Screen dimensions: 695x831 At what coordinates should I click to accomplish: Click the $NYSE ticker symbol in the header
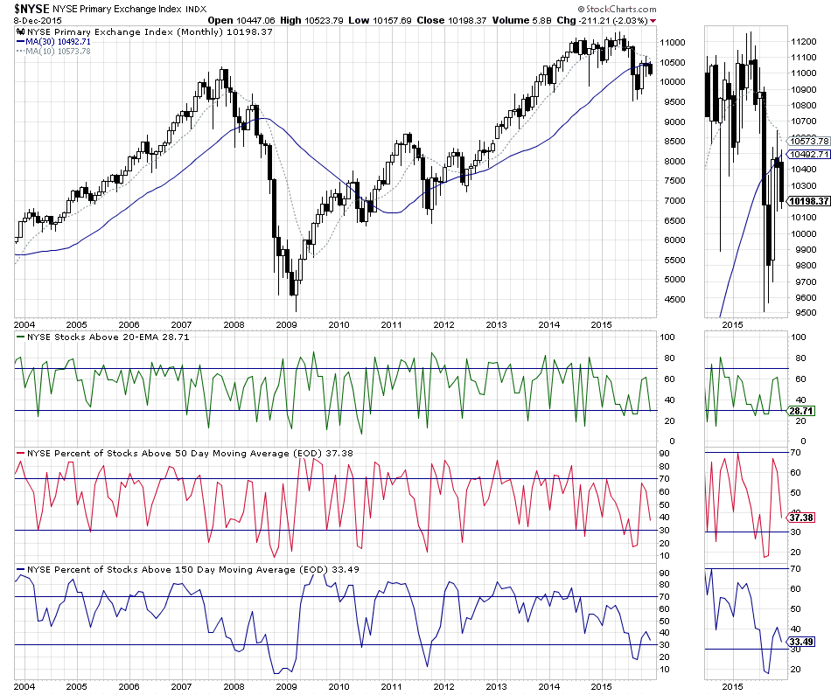[x=32, y=7]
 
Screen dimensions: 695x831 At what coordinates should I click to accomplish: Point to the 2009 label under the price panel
[x=286, y=323]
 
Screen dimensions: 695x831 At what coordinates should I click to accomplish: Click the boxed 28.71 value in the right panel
[x=801, y=410]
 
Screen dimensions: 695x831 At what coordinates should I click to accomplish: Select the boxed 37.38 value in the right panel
[x=801, y=518]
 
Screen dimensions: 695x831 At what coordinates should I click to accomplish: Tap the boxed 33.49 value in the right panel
[x=801, y=641]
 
